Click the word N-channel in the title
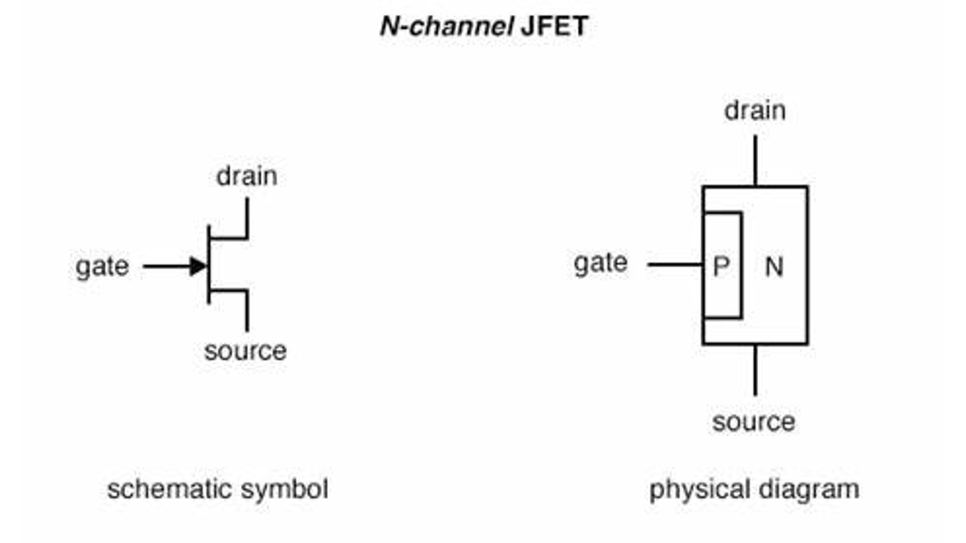pos(446,26)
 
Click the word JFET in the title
pos(554,26)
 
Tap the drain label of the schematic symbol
pos(247,176)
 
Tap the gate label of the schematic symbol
pos(102,266)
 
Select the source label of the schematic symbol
pos(245,350)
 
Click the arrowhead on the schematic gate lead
pos(198,266)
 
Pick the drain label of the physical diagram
pos(755,111)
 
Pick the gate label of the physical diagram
pos(601,263)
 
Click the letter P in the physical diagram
pos(721,266)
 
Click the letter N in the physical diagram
pos(774,266)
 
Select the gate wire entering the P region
pos(674,264)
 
